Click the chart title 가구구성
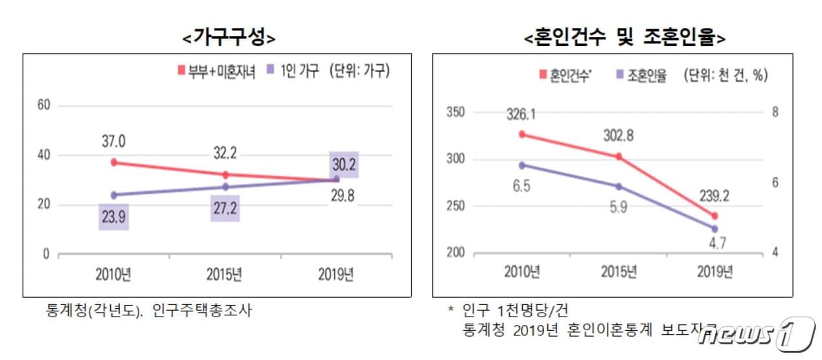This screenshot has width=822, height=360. pyautogui.click(x=229, y=38)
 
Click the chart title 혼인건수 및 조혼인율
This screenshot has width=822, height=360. pyautogui.click(x=624, y=38)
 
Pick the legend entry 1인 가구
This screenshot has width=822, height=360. pyautogui.click(x=295, y=71)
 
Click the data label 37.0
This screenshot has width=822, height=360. pyautogui.click(x=114, y=141)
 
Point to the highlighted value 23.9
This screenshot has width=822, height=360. pyautogui.click(x=114, y=216)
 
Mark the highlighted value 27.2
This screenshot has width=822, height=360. pyautogui.click(x=225, y=208)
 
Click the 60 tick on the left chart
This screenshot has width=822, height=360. pyautogui.click(x=43, y=106)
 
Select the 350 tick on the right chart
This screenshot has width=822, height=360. pyautogui.click(x=456, y=113)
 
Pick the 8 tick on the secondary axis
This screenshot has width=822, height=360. pyautogui.click(x=774, y=113)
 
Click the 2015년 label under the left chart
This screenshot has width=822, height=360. pyautogui.click(x=225, y=275)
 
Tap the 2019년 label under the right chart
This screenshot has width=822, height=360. pyautogui.click(x=714, y=272)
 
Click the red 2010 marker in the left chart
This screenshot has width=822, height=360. pyautogui.click(x=114, y=163)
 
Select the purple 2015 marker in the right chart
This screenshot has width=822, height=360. pyautogui.click(x=619, y=186)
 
